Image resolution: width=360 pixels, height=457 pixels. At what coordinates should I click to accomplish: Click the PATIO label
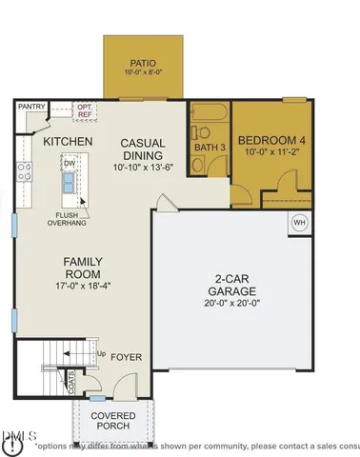coord(144,60)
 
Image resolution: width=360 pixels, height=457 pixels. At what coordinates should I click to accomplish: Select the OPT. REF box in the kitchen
coord(86,110)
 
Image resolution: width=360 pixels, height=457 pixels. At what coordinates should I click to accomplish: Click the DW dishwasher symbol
coord(70,164)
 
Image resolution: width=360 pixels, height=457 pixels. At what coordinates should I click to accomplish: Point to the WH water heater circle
coord(299,222)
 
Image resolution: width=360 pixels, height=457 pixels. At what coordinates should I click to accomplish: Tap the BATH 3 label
coord(209,148)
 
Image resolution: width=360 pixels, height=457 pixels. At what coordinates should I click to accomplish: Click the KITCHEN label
coord(68,142)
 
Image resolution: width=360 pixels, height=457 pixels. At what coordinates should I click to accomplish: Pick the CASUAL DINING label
coord(143,149)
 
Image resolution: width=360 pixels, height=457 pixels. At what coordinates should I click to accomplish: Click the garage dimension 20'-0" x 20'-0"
coord(233,303)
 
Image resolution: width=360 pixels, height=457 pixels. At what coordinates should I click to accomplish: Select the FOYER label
coord(126,357)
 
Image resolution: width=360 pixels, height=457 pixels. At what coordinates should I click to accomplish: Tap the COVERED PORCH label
coord(112,422)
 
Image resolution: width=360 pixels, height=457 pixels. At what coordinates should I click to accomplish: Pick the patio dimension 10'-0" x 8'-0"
coord(144,71)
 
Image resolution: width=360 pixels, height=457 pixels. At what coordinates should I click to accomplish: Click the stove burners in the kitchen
coord(24,172)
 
